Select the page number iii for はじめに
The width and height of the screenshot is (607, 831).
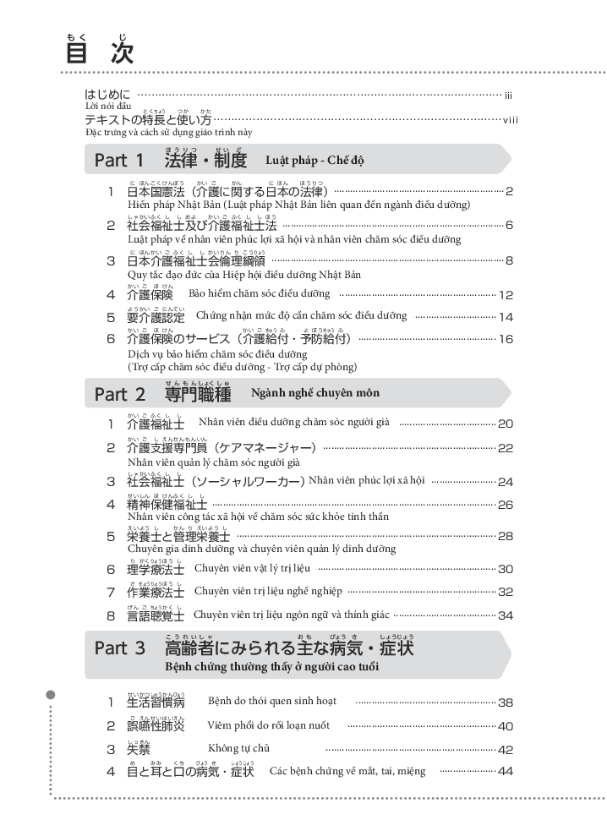tap(508, 96)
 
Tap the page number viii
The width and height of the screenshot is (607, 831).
tap(510, 121)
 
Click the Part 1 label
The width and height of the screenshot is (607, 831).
tap(119, 160)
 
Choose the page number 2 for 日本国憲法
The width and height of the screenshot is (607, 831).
tap(510, 192)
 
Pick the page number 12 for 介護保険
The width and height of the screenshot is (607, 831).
tap(506, 295)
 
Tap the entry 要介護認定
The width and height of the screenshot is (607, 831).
tap(156, 317)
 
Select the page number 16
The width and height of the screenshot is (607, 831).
tap(506, 340)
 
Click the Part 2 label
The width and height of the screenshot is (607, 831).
tap(119, 394)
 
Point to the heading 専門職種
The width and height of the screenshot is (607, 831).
tap(198, 394)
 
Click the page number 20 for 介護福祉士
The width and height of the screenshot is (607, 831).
tap(506, 424)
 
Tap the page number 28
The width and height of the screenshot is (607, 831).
tap(506, 536)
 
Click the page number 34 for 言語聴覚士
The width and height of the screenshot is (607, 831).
tap(506, 615)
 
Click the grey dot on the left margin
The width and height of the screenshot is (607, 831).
tap(51, 695)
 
